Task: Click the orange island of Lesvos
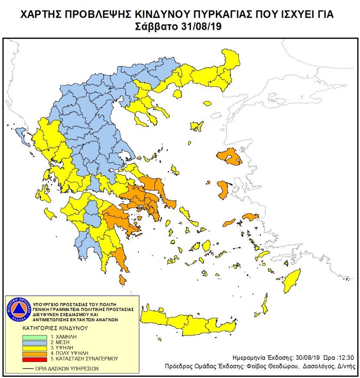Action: click(230, 156)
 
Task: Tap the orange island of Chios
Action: click(224, 190)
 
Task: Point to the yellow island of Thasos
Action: click(207, 103)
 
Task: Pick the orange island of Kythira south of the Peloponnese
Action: click(123, 280)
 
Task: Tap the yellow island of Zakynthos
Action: click(50, 214)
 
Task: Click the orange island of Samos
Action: click(251, 216)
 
